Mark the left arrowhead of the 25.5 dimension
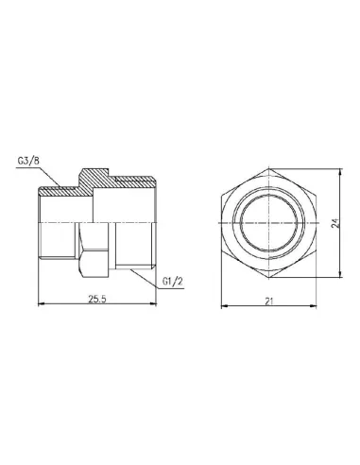click(x=39, y=306)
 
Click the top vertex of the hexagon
click(x=271, y=170)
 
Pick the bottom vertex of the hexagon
click(x=271, y=282)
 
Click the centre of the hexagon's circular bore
click(x=271, y=226)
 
